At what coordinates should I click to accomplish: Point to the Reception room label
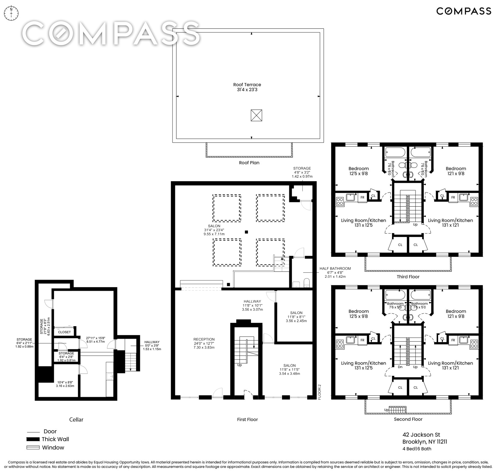[x=204, y=343]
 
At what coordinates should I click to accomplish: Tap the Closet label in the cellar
[x=64, y=332]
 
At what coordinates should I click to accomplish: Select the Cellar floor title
[x=76, y=419]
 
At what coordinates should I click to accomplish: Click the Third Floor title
[x=408, y=277]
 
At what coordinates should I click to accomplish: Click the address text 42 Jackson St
[x=421, y=435]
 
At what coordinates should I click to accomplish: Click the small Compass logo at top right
[x=464, y=11]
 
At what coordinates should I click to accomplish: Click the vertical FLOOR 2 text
[x=319, y=392]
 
